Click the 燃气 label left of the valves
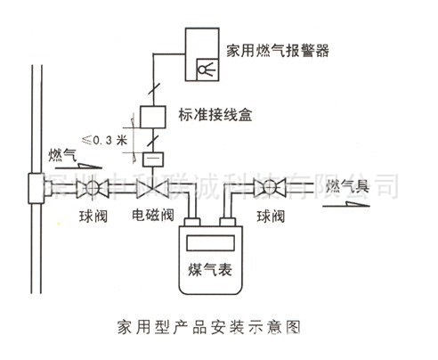[62, 155]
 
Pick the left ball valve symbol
[88, 188]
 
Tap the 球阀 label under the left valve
[92, 216]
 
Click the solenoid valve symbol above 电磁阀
[148, 188]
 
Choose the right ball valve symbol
[264, 188]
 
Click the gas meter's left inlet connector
[191, 217]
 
